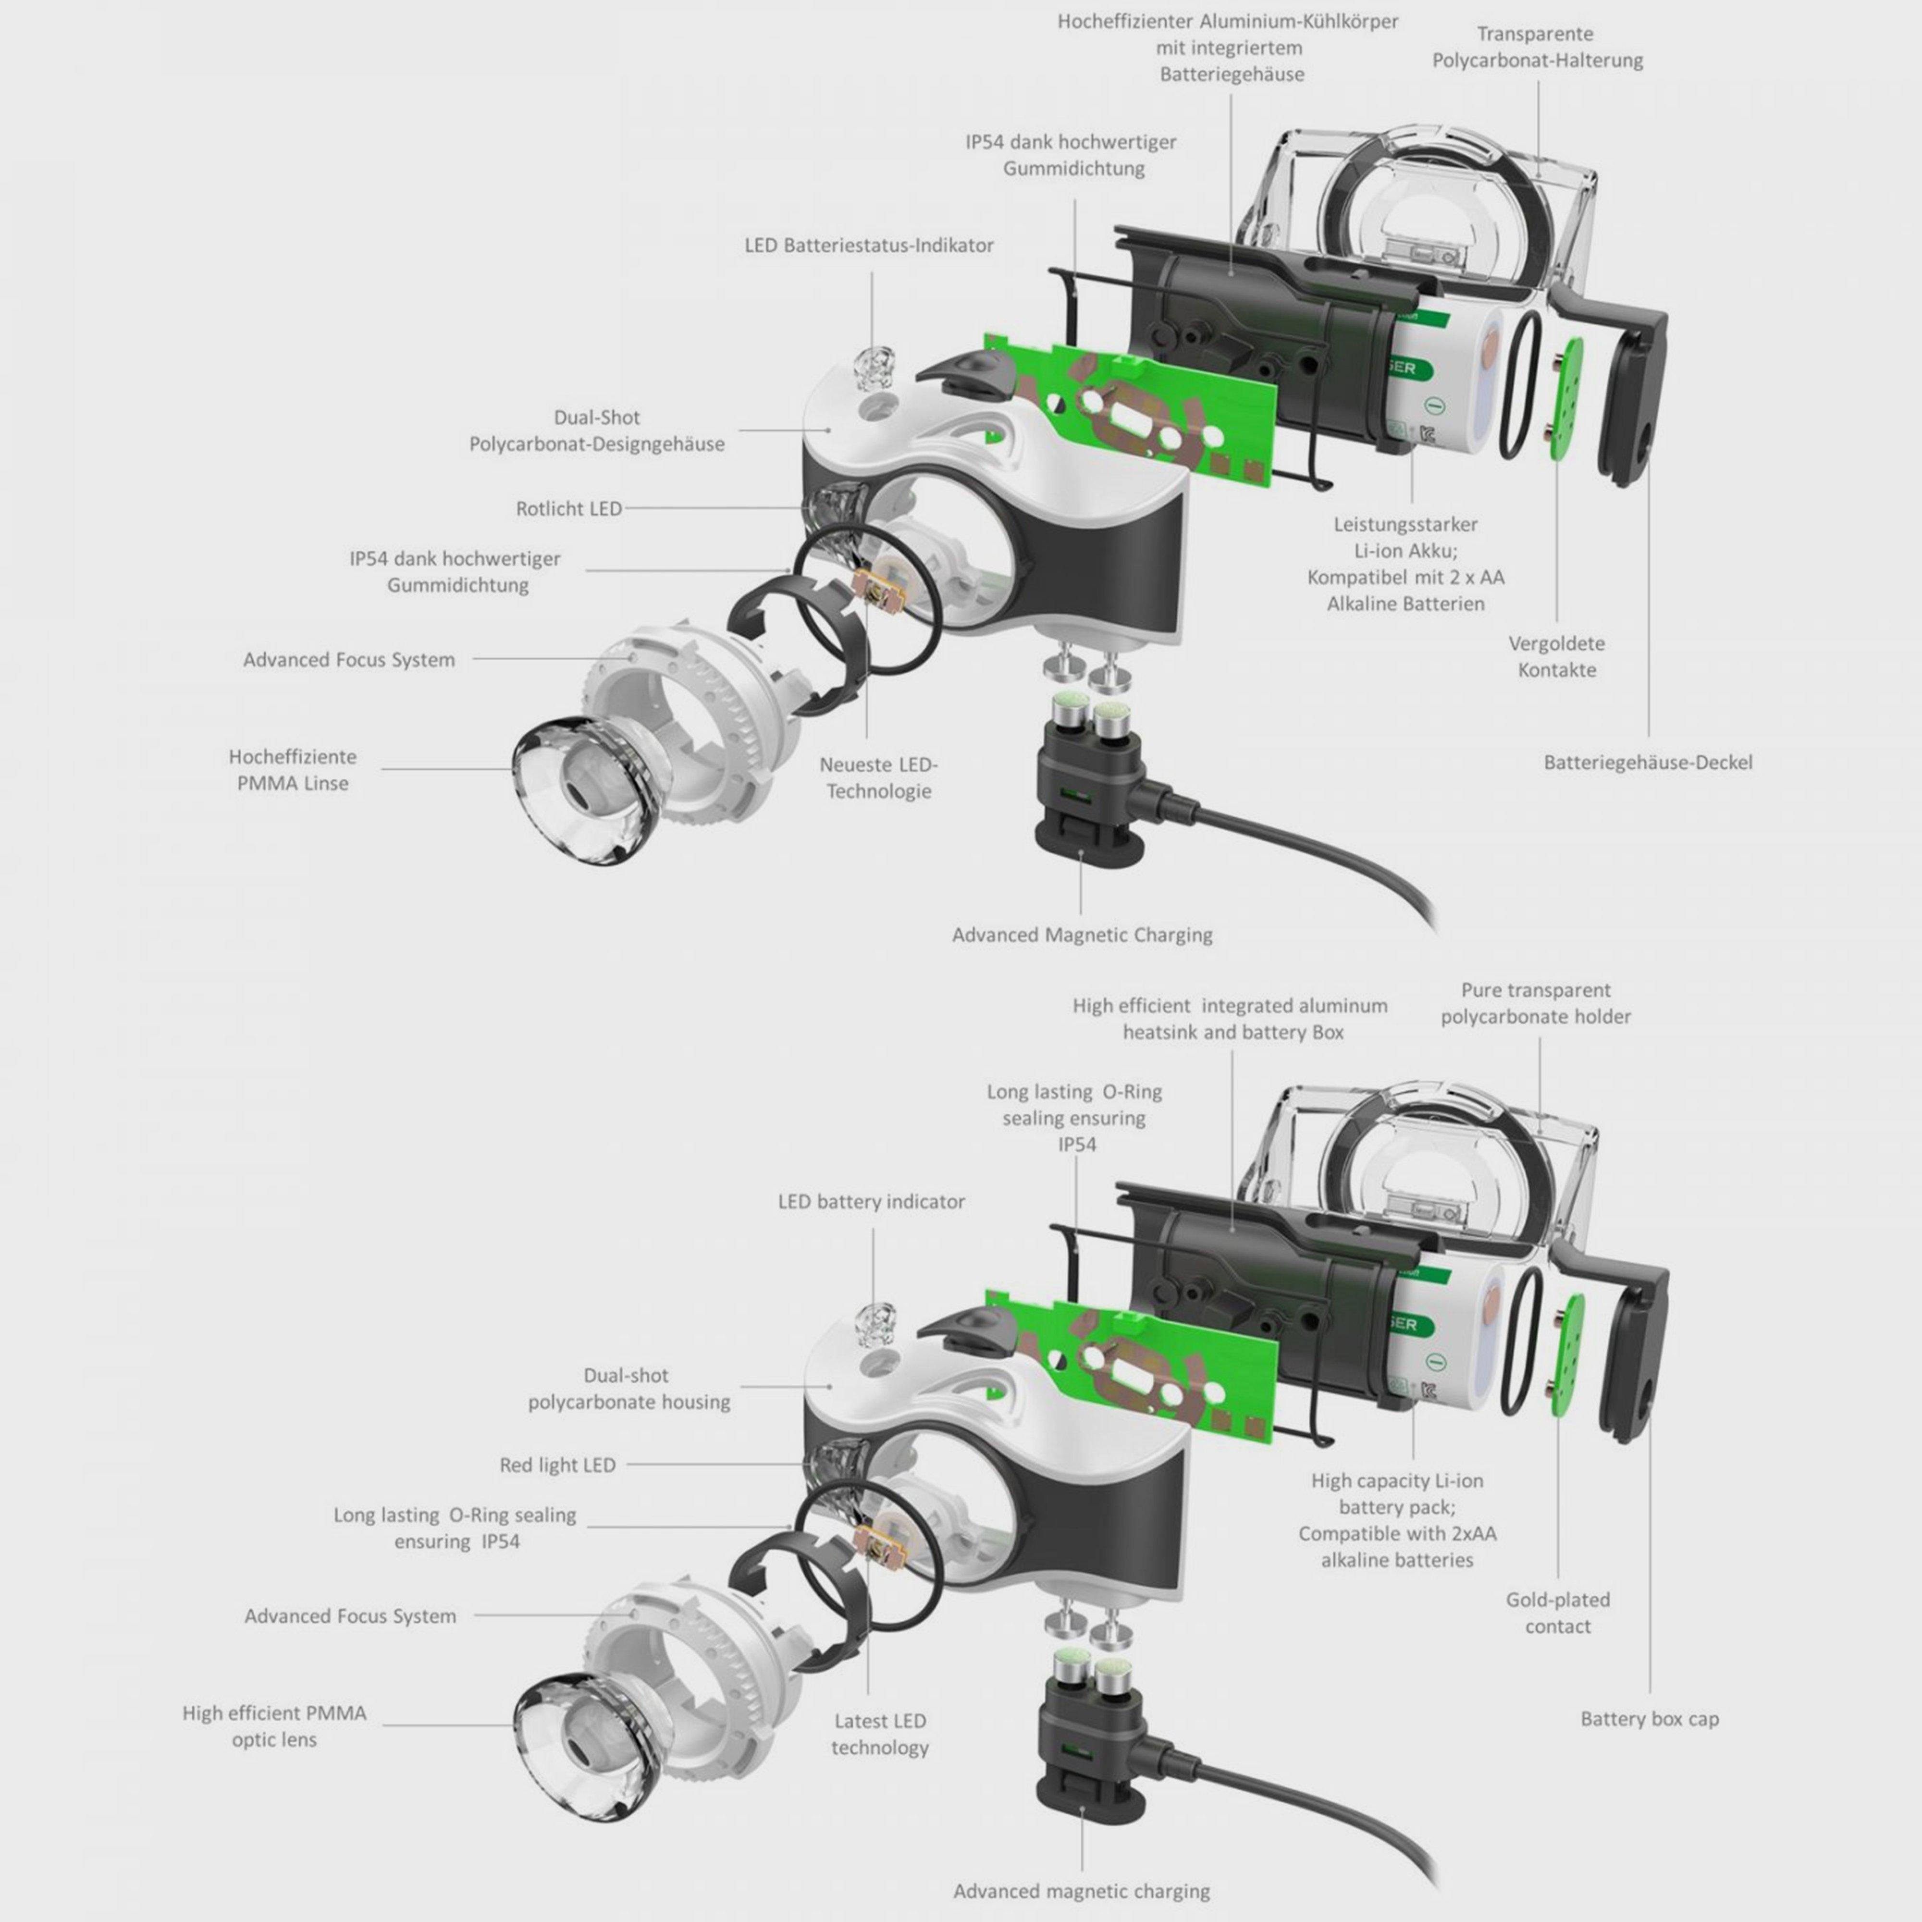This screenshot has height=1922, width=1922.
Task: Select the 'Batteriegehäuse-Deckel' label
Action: coord(1648,762)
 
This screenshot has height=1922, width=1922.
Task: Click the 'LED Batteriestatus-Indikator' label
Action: coord(868,245)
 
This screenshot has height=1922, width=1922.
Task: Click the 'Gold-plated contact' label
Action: coord(1557,1613)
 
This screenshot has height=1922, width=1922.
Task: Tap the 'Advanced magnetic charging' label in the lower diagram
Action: coord(1082,1890)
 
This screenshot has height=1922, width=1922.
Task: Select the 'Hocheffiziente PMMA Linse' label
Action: coord(293,769)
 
